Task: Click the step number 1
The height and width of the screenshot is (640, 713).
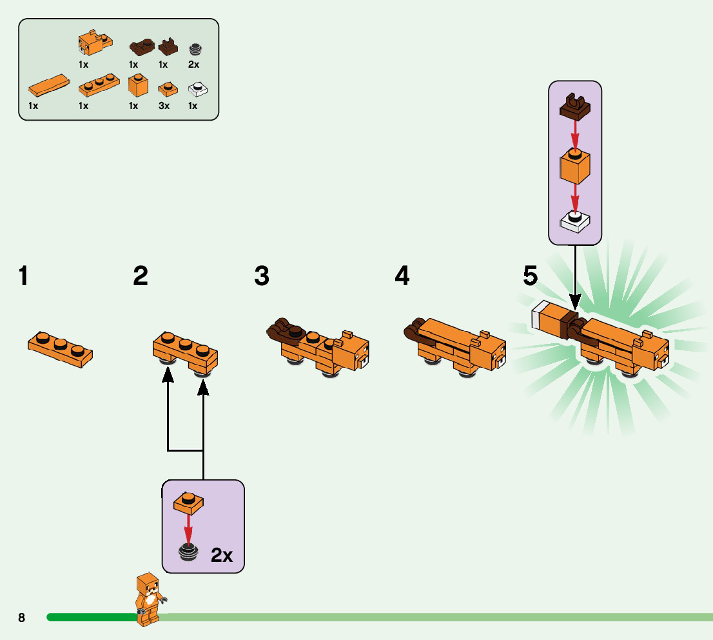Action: (x=24, y=276)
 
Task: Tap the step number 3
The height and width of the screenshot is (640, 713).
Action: (x=262, y=276)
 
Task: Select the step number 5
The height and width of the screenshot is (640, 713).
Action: (x=530, y=276)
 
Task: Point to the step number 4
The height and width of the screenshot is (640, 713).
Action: (x=402, y=276)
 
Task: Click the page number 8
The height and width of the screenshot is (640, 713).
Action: (x=21, y=617)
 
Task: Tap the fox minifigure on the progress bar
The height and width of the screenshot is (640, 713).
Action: (x=149, y=599)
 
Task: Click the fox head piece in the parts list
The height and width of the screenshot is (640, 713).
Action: (x=95, y=43)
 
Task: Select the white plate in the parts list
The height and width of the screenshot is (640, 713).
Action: (x=198, y=89)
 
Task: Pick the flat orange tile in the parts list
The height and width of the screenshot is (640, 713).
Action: (x=48, y=86)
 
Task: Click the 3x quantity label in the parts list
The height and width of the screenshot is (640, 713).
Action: (x=164, y=106)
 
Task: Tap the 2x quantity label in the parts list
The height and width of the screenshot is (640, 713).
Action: (x=193, y=64)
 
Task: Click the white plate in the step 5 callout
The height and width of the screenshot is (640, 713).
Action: (x=575, y=221)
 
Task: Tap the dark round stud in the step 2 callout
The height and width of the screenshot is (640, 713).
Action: (x=188, y=552)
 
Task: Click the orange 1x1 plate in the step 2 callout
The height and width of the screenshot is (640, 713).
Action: (x=188, y=503)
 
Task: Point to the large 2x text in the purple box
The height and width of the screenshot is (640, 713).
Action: (x=222, y=555)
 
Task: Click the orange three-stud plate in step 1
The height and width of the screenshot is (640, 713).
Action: (x=60, y=350)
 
